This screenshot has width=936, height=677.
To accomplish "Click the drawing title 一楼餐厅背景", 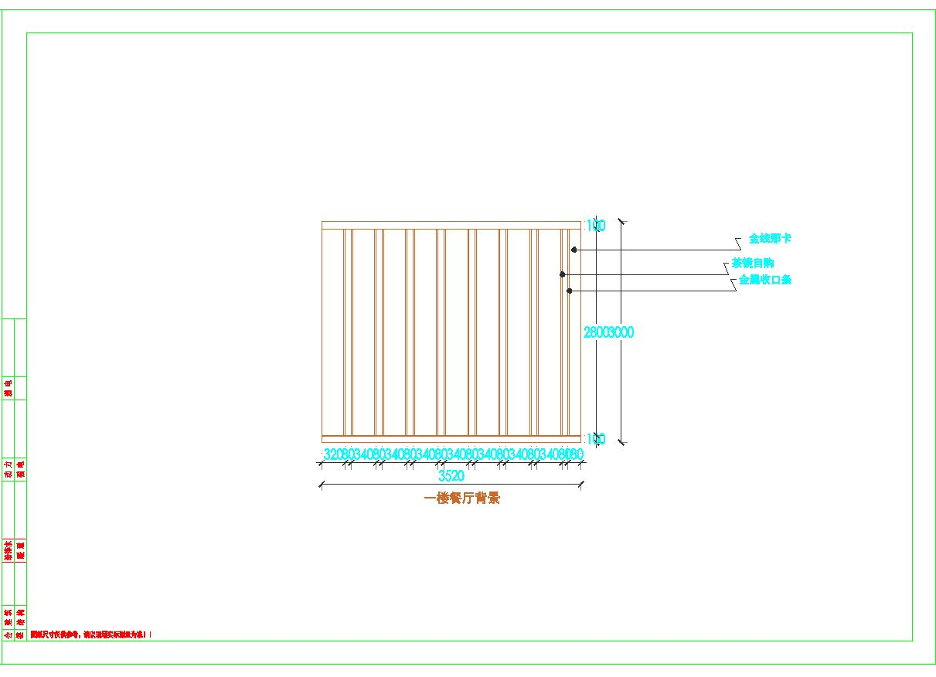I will pos(462,498).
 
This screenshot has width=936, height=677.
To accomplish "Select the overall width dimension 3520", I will pos(451,475).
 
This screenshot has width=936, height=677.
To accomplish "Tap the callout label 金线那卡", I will pos(769,239).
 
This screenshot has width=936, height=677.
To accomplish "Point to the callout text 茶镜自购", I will pos(753,264).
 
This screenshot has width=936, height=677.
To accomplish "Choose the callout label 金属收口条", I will pos(765,280).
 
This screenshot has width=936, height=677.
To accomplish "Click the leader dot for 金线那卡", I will pos(574,250).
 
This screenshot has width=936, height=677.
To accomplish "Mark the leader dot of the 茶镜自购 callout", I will pos(563,274).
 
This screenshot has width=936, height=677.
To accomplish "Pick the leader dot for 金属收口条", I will pos(570,291).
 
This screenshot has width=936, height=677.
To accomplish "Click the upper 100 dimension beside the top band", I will pos(595,226).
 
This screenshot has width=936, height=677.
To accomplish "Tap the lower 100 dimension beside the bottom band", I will pos(595,439).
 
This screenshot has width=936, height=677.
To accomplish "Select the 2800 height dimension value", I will pos(595,332).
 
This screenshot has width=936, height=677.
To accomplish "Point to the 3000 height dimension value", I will pos(621,332).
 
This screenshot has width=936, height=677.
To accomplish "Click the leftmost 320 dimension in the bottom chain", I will pos(331,454).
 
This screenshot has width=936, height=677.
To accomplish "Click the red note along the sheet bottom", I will pos(91,634).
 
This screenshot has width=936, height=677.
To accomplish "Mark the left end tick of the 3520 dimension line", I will pos(320,485).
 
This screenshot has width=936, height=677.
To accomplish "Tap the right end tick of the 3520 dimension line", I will pos(581,485).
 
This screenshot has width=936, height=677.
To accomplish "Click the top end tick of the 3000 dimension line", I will pos(621,221).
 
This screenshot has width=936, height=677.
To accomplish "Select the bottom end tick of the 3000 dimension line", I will pos(621,443).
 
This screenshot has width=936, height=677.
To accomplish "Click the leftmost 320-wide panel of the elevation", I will pos(333,332).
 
